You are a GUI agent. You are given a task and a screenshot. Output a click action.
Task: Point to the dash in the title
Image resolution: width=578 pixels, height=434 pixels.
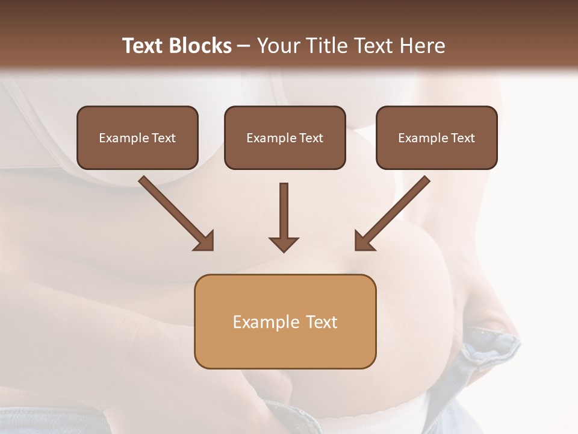pyautogui.click(x=244, y=46)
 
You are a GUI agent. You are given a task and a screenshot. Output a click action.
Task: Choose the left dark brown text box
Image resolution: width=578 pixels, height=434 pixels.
pyautogui.click(x=137, y=137)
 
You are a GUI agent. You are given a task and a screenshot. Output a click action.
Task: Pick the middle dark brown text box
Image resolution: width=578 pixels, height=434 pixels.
pyautogui.click(x=285, y=137)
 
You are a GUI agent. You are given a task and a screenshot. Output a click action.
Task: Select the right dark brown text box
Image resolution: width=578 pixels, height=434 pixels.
pyautogui.click(x=437, y=137)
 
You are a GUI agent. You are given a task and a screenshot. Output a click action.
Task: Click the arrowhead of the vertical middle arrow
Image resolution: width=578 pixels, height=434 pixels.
pyautogui.click(x=284, y=243)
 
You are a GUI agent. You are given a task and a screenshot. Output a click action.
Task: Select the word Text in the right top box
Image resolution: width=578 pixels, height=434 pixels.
pyautogui.click(x=462, y=138)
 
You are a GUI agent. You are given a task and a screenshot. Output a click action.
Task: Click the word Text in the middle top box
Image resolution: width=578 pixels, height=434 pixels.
pyautogui.click(x=311, y=138)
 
